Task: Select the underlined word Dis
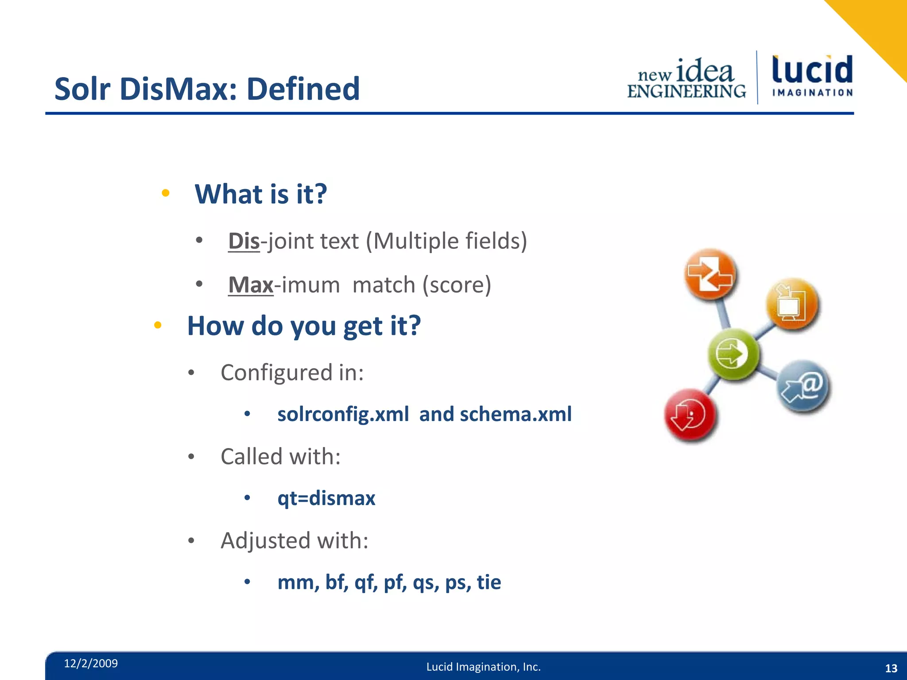(244, 241)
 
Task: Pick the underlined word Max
(251, 285)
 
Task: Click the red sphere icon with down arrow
(690, 415)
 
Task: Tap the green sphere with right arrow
(733, 354)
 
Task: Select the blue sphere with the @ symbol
(803, 386)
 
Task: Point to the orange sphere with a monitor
(792, 304)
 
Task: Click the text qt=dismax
(326, 498)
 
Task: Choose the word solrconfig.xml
(343, 414)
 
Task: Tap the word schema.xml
(516, 414)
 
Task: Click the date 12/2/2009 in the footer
(91, 663)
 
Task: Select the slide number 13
(891, 668)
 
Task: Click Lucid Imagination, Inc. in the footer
(483, 667)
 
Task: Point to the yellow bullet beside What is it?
(166, 193)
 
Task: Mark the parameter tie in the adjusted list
(489, 582)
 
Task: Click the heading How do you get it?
(304, 326)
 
